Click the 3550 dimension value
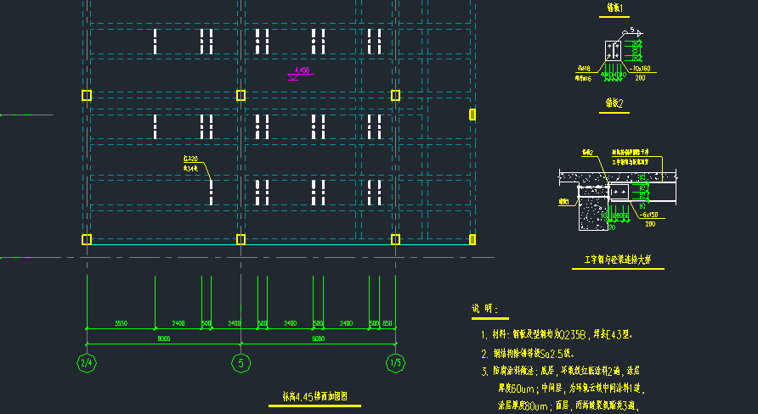121,323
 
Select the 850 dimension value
387,323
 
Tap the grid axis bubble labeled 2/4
87,363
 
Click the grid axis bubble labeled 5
240,363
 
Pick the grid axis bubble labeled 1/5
394,363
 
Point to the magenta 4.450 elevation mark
301,70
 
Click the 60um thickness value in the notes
522,388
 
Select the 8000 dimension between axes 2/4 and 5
163,338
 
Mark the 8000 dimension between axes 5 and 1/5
317,338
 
